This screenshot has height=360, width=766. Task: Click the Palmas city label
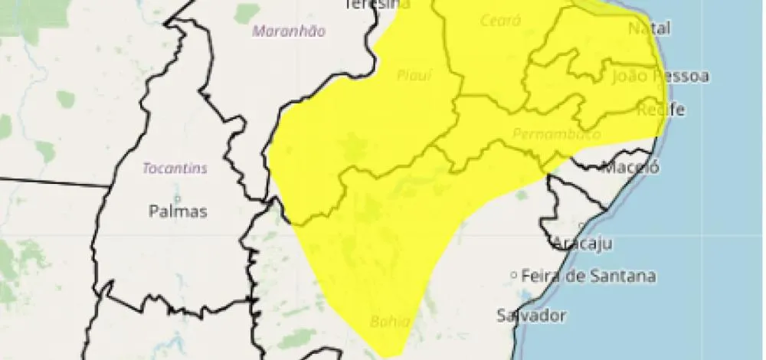tap(178, 212)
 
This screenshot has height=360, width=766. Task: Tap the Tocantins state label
tap(175, 169)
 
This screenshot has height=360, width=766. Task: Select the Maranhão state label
tap(289, 31)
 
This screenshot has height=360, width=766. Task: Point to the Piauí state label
tap(414, 75)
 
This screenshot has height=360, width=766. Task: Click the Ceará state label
tap(500, 21)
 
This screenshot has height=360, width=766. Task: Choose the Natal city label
tap(649, 28)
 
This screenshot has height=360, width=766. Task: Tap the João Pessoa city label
tap(660, 76)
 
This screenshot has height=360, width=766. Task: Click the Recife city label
tap(661, 110)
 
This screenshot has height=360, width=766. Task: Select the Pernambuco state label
tap(556, 134)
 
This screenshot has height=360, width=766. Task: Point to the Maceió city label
tap(632, 167)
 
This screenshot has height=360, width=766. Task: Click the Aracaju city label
tap(583, 244)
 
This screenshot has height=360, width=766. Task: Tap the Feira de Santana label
tap(588, 276)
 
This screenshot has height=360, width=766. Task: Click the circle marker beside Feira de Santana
tap(515, 276)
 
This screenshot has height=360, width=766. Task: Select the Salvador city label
tap(531, 315)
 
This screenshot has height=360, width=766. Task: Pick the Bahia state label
tap(390, 321)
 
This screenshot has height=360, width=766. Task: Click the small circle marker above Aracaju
tap(581, 225)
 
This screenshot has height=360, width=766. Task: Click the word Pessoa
tap(681, 76)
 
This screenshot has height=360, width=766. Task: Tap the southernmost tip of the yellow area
tap(388, 355)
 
